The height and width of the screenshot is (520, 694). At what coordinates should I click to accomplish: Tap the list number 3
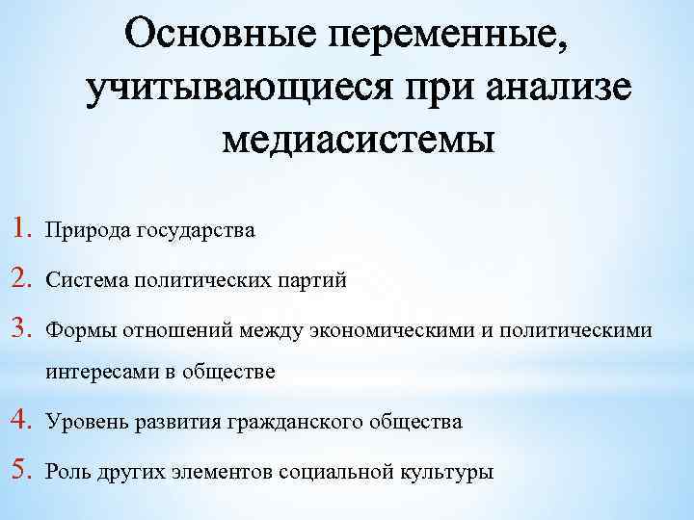pyautogui.click(x=26, y=330)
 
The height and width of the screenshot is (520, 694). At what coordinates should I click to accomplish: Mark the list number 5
pyautogui.click(x=26, y=472)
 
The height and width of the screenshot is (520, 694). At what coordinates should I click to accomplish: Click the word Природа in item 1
pyautogui.click(x=88, y=231)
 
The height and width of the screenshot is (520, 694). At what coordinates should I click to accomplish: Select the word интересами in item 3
pyautogui.click(x=97, y=372)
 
